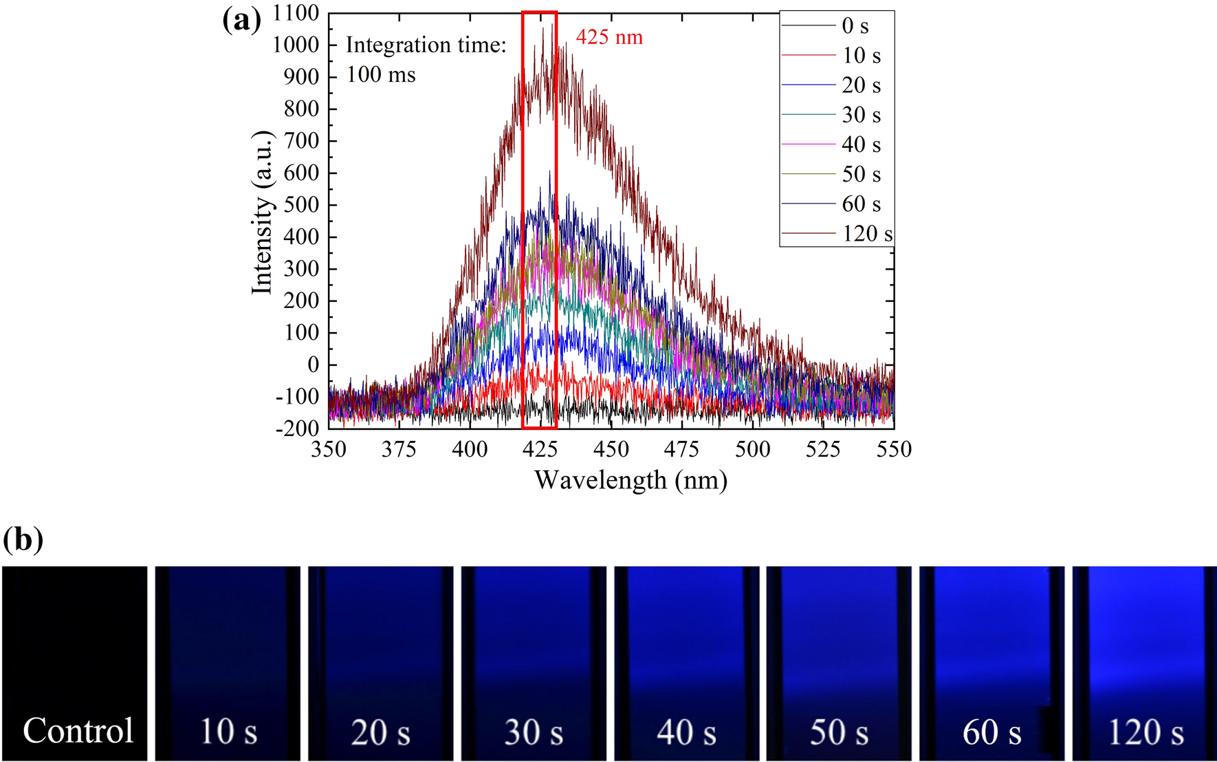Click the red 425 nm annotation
coord(609,36)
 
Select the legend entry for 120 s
coord(867,234)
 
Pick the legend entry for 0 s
coord(855,26)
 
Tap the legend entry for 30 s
coord(861,115)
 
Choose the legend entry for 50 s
coord(861,175)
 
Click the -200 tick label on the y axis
coord(297,428)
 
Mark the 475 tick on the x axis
coord(681,449)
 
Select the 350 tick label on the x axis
coord(329,449)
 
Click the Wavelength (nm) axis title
coord(631,479)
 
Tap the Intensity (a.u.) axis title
coord(262,213)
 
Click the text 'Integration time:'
coord(426,45)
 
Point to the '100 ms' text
coord(381,74)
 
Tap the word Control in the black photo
coord(78,730)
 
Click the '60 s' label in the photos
coord(991,732)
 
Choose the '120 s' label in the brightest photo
coord(1145,732)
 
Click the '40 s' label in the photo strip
coord(686,732)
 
